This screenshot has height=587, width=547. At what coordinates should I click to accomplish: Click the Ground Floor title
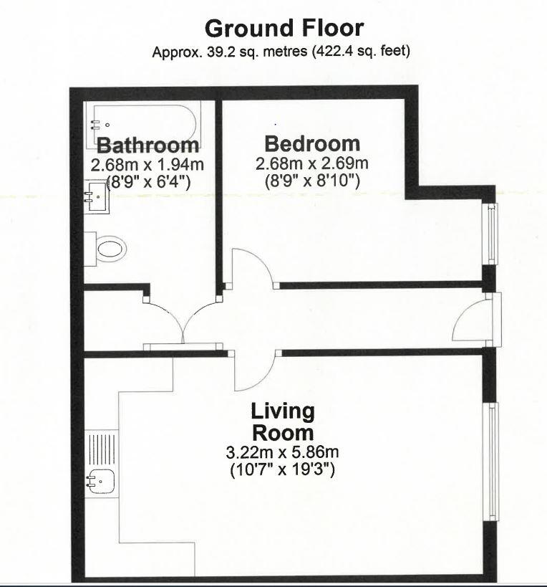[x=284, y=29]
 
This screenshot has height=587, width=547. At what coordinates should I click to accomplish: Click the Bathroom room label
[x=147, y=145]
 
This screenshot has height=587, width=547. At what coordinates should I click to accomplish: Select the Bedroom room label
[x=311, y=143]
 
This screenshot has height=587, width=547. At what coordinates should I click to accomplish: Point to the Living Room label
[x=282, y=421]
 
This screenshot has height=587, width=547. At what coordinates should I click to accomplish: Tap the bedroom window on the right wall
[x=492, y=234]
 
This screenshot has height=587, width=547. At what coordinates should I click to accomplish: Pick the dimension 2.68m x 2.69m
[x=311, y=164]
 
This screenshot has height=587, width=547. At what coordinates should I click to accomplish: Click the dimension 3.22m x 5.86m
[x=281, y=453]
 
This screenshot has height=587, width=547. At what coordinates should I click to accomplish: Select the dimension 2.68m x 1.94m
[x=147, y=165]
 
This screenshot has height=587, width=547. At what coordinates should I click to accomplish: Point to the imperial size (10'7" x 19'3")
[x=282, y=471]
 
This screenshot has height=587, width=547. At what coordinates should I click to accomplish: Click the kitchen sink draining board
[x=101, y=447]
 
